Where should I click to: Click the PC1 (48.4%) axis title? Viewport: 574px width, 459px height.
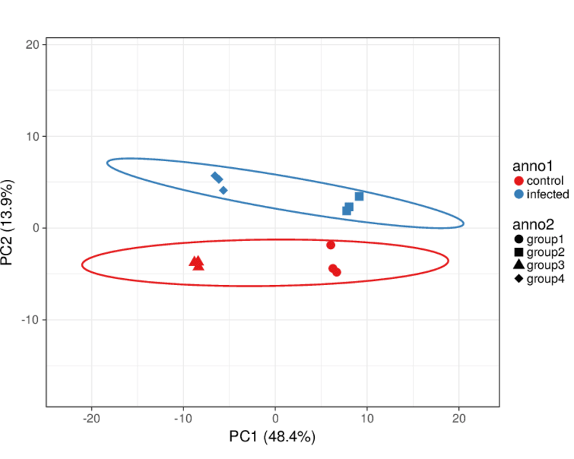pyautogui.click(x=272, y=437)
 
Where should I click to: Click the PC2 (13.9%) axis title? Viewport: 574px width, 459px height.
pyautogui.click(x=9, y=223)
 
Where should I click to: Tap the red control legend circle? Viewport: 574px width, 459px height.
pyautogui.click(x=518, y=181)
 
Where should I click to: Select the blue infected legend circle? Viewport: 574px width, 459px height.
pyautogui.click(x=518, y=194)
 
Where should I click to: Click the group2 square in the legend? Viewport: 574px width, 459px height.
pyautogui.click(x=518, y=252)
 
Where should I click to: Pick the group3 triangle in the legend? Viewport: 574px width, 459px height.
pyautogui.click(x=518, y=265)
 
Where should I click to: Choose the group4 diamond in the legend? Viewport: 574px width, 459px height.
pyautogui.click(x=518, y=278)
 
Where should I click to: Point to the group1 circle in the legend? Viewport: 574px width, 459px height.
pyautogui.click(x=518, y=238)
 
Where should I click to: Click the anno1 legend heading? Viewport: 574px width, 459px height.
pyautogui.click(x=533, y=166)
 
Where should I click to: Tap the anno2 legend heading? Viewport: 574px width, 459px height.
pyautogui.click(x=533, y=223)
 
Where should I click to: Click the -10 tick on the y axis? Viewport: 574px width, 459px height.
pyautogui.click(x=32, y=320)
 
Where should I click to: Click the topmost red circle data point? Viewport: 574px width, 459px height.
pyautogui.click(x=331, y=245)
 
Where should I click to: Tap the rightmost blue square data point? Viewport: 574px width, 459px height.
pyautogui.click(x=359, y=196)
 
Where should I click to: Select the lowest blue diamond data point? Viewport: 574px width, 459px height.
pyautogui.click(x=223, y=190)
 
